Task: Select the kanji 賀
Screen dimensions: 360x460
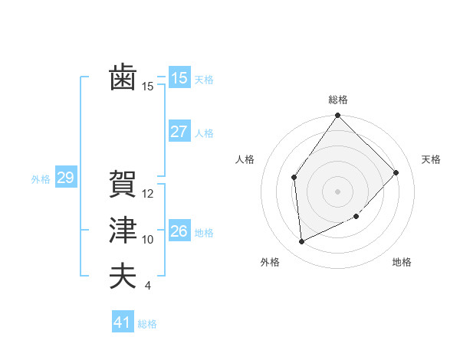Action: point(123,184)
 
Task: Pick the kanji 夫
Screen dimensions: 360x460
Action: point(123,276)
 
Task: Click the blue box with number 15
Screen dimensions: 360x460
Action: point(179,78)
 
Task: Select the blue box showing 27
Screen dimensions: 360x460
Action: point(179,132)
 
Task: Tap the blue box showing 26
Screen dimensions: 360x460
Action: point(179,231)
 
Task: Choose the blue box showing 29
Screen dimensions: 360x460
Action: point(65,178)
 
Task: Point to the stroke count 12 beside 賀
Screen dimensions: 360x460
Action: point(148,194)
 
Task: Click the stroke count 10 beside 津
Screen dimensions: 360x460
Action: point(148,240)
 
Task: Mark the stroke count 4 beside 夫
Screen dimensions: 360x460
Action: point(148,286)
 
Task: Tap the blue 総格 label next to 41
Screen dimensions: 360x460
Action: point(147,324)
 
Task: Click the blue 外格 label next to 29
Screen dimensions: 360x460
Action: point(41,179)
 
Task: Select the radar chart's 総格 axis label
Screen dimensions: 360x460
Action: point(337,100)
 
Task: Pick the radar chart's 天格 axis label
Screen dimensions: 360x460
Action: point(431,159)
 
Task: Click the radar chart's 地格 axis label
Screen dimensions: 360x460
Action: point(402,262)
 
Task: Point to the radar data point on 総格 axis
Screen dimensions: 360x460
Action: point(337,116)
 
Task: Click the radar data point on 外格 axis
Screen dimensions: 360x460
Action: point(302,241)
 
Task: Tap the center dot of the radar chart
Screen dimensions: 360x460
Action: point(337,191)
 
